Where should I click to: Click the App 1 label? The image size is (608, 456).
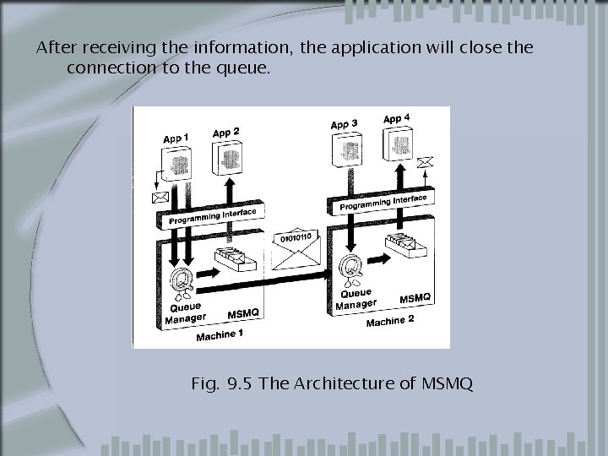(x=176, y=138)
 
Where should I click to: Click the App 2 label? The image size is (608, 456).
(x=225, y=132)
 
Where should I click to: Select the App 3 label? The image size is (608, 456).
(x=344, y=124)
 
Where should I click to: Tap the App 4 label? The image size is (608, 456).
(x=397, y=118)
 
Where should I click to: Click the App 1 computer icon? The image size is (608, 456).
(x=178, y=162)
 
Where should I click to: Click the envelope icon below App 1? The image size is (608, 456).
(x=159, y=198)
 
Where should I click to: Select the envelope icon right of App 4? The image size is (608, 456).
(x=427, y=161)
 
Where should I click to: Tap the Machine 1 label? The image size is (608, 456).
(x=220, y=335)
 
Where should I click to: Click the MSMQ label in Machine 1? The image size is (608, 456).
(x=244, y=314)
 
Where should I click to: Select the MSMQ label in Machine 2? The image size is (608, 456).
(x=415, y=298)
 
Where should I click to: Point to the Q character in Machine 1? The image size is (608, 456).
(x=179, y=277)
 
